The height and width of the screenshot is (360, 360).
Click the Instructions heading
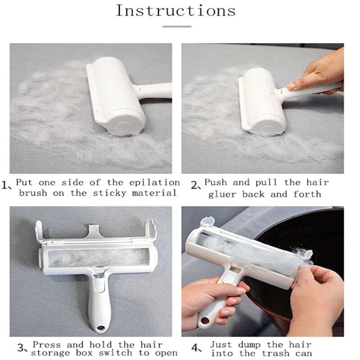point(176,10)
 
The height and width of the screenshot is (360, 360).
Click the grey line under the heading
point(177,27)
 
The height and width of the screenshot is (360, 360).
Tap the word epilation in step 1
point(154,183)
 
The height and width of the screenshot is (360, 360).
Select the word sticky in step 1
point(109,193)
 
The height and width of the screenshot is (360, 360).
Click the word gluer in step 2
point(222,194)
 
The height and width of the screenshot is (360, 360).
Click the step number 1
point(5,185)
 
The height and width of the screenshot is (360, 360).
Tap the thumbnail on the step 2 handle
point(291,86)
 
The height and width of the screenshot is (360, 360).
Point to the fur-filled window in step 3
point(99,257)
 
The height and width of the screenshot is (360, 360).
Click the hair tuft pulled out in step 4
point(300,254)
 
